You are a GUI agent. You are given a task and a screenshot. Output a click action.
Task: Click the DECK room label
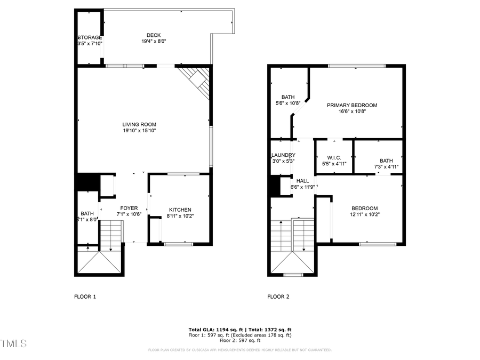pyautogui.click(x=154, y=35)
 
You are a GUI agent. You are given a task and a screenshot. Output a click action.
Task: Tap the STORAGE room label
pyautogui.click(x=90, y=37)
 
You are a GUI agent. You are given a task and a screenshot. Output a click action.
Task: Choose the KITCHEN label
pyautogui.click(x=180, y=210)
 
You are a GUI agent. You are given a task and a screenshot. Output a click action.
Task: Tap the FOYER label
pyautogui.click(x=129, y=208)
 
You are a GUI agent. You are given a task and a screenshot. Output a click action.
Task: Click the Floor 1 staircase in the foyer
pyautogui.click(x=111, y=234)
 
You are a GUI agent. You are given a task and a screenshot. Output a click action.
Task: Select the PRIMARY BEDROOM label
pyautogui.click(x=352, y=105)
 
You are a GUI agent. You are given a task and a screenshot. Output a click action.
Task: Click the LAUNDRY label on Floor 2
pyautogui.click(x=283, y=155)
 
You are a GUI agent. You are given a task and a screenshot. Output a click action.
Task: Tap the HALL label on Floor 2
pyautogui.click(x=302, y=181)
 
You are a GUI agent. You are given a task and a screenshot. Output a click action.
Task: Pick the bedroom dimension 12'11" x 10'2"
pyautogui.click(x=364, y=214)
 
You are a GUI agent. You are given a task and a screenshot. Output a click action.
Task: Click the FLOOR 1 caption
pyautogui.click(x=85, y=297)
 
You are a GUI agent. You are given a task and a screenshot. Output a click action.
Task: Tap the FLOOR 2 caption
pyautogui.click(x=278, y=297)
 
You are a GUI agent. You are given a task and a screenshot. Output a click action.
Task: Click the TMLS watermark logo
pyautogui.click(x=13, y=342)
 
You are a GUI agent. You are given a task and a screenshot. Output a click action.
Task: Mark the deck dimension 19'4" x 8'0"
pyautogui.click(x=154, y=42)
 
